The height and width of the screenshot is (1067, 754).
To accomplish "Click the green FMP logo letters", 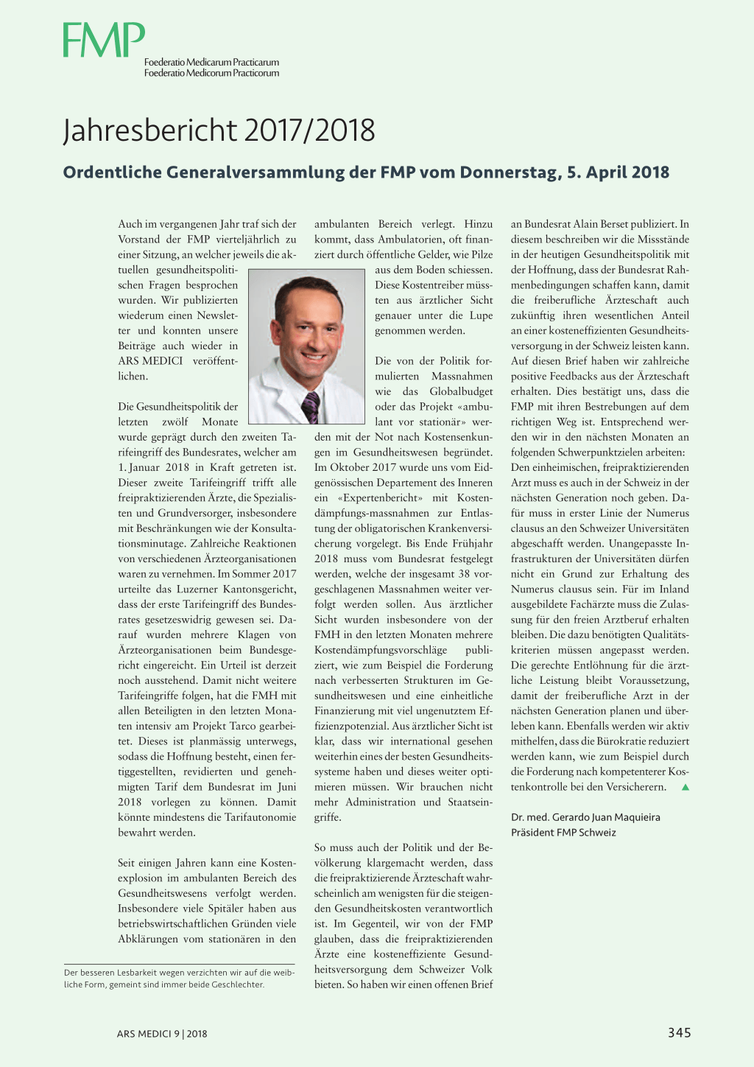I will pos(103,40).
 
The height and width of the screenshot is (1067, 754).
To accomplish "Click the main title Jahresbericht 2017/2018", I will pos(219,130).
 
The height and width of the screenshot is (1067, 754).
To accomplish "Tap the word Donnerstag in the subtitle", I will pos(509,172).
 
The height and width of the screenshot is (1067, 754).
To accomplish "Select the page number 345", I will pos(679,1032).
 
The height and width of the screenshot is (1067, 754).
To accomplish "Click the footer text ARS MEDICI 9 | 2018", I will pos(162,1033).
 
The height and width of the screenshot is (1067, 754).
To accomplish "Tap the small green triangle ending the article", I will pos(685,787).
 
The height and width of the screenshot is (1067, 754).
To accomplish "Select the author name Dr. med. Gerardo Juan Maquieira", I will pos(585,817).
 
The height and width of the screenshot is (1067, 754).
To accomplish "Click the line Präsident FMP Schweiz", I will pos(563,833).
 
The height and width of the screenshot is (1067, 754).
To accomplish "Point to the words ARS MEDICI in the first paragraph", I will pos(150,361).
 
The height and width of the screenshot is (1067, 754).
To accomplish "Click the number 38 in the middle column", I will pos(464,574).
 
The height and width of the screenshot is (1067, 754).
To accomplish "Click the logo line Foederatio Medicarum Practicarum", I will pos(211,63).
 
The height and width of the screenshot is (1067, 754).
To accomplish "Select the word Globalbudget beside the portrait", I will pos(461,391).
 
